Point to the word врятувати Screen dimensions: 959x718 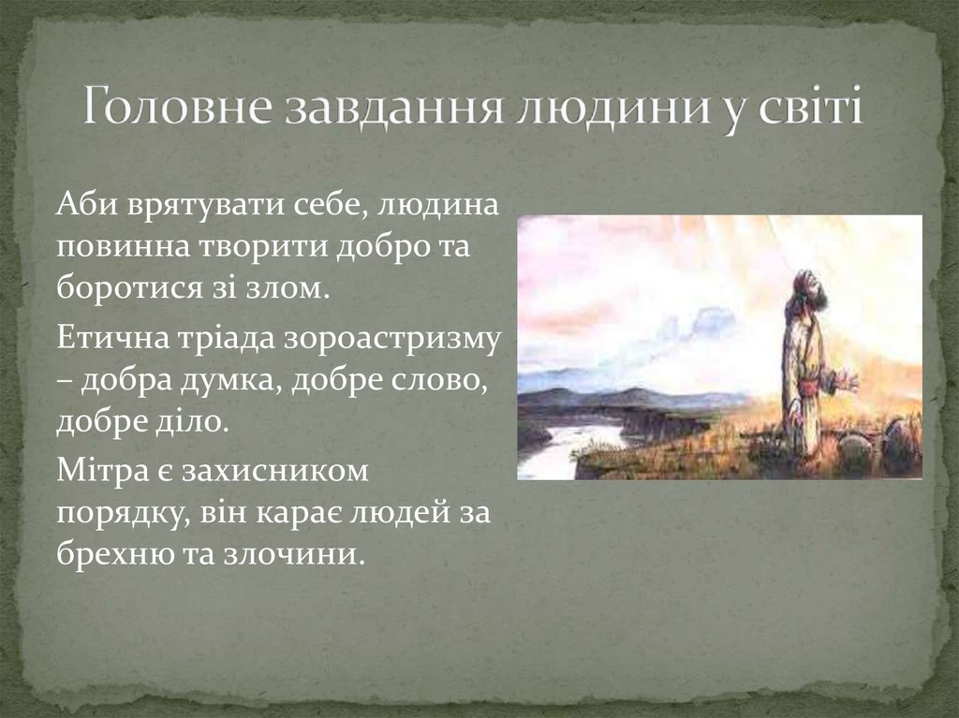click(x=203, y=206)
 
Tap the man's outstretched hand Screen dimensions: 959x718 click(x=847, y=382)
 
